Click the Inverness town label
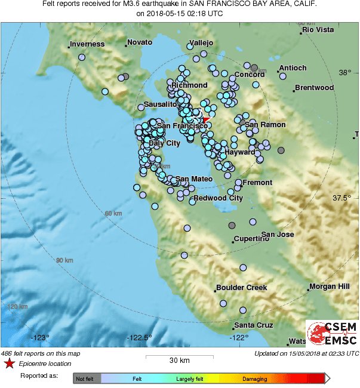pyautogui.click(x=87, y=44)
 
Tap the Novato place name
pyautogui.click(x=140, y=44)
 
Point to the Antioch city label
pyautogui.click(x=293, y=68)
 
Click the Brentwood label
pyautogui.click(x=314, y=88)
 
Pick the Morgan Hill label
pyautogui.click(x=329, y=287)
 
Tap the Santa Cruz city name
pyautogui.click(x=253, y=325)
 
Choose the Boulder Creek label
pyautogui.click(x=241, y=287)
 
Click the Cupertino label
pyautogui.click(x=251, y=239)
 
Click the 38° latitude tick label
pyautogui.click(x=344, y=73)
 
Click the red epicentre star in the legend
pyautogui.click(x=9, y=363)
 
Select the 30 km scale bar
pyautogui.click(x=180, y=357)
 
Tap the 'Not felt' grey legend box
pyautogui.click(x=87, y=378)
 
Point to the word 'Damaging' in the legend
pyautogui.click(x=254, y=378)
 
